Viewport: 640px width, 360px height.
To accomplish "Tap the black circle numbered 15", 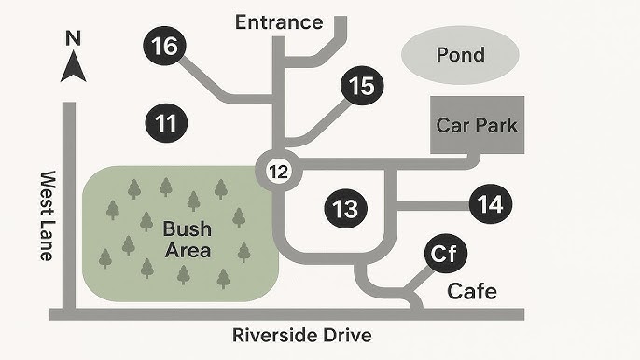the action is pyautogui.click(x=361, y=87).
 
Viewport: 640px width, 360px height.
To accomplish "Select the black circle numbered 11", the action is pyautogui.click(x=166, y=122).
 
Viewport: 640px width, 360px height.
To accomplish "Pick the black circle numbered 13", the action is pyautogui.click(x=345, y=208).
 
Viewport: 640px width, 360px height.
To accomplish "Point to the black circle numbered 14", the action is pyautogui.click(x=490, y=203).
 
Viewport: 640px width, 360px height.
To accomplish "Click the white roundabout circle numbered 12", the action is pyautogui.click(x=278, y=171).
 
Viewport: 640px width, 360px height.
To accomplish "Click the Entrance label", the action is pyautogui.click(x=278, y=21).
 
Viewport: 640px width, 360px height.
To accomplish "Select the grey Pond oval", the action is pyautogui.click(x=460, y=55).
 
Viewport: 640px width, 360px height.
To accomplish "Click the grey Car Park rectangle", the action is pyautogui.click(x=476, y=125).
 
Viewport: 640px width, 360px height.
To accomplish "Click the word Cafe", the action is pyautogui.click(x=472, y=291).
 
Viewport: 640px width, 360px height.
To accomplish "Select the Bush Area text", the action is pyautogui.click(x=187, y=239).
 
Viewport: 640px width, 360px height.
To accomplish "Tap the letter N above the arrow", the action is pyautogui.click(x=73, y=39).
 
